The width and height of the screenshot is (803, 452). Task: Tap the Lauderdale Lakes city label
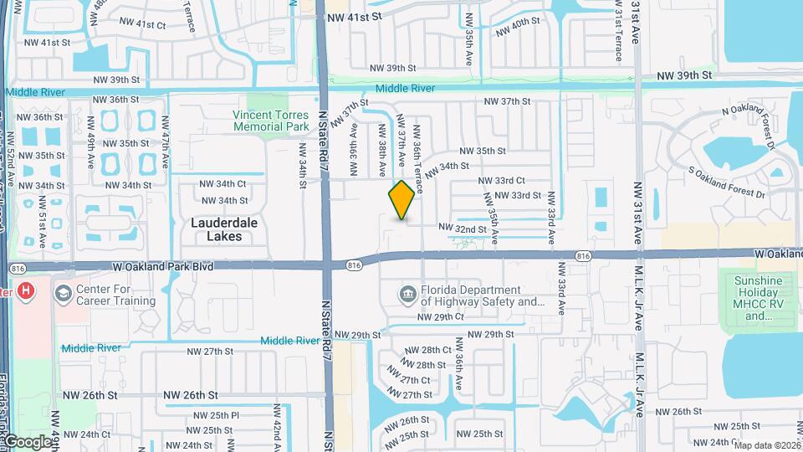(x=217, y=229)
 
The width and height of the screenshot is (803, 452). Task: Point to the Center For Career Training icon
(x=64, y=294)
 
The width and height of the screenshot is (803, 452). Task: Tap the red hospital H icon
(x=27, y=291)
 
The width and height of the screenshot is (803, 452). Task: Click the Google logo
(x=27, y=441)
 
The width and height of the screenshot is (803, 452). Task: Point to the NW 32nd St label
(x=462, y=228)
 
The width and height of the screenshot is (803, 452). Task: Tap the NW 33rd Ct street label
(x=501, y=180)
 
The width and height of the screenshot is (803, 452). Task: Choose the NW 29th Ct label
(x=440, y=317)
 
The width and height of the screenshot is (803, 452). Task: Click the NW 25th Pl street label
(x=217, y=415)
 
